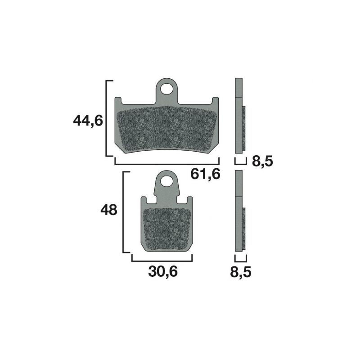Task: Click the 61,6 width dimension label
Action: pyautogui.click(x=206, y=174)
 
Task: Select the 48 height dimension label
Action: pyautogui.click(x=108, y=210)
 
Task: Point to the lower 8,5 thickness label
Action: pyautogui.click(x=241, y=272)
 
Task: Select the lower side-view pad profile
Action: pyautogui.click(x=239, y=211)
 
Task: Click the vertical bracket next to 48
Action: pyautogui.click(x=124, y=211)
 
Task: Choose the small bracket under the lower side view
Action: pyautogui.click(x=241, y=260)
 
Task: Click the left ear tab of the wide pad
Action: pyautogui.click(x=118, y=101)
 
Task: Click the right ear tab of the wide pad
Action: pyautogui.click(x=215, y=101)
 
